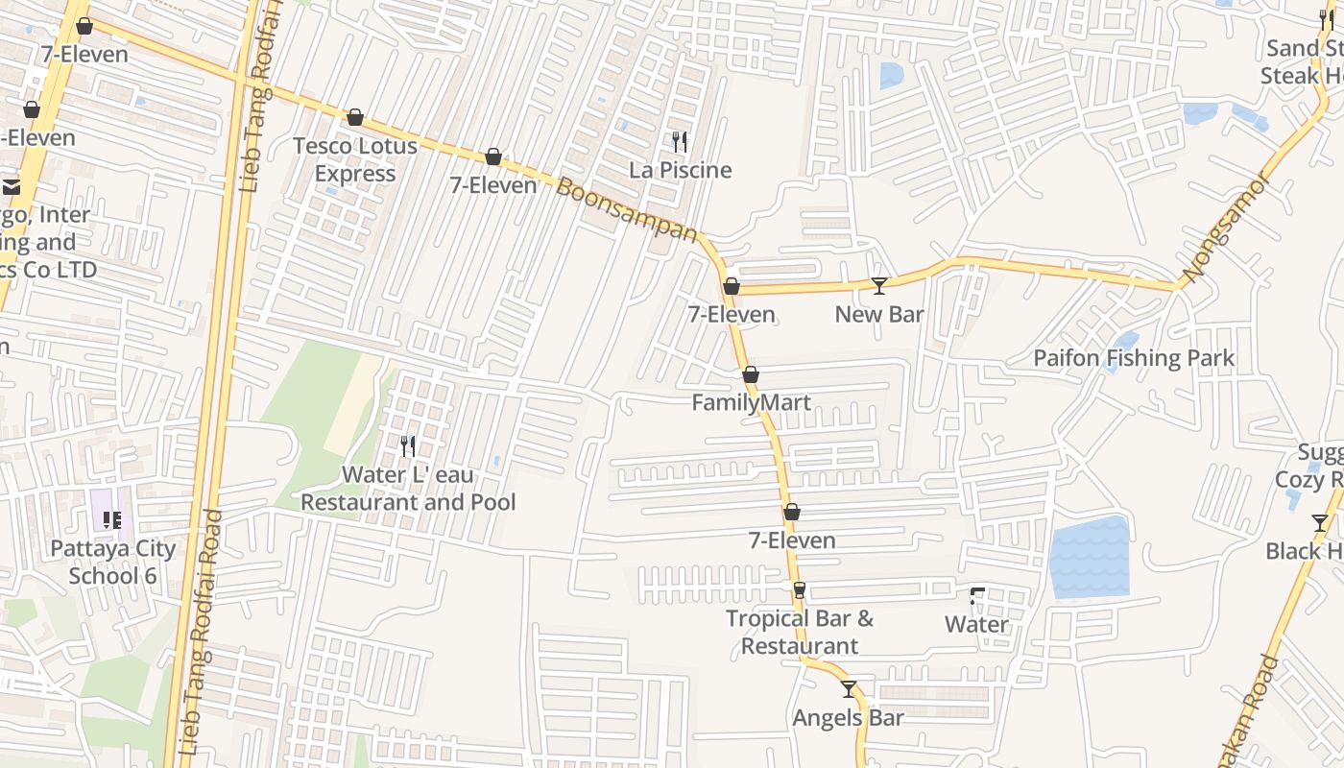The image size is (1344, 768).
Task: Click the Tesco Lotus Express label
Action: tap(354, 159)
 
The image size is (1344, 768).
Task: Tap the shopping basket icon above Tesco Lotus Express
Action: tap(355, 117)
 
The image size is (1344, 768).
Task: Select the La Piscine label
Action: tap(681, 170)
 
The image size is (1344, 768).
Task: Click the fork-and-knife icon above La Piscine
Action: tap(680, 142)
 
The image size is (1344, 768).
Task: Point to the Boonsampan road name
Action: tap(626, 209)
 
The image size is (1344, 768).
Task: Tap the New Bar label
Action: tap(878, 314)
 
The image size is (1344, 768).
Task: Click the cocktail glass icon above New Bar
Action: tap(878, 285)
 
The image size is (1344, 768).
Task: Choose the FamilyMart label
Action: tap(752, 402)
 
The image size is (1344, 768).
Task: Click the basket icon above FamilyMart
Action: tap(751, 374)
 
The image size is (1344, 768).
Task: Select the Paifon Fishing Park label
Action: tap(1134, 358)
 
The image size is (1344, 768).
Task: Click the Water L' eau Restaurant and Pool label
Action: tap(408, 489)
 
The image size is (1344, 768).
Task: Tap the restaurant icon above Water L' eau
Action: tap(408, 445)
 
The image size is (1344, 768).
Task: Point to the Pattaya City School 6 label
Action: tap(113, 562)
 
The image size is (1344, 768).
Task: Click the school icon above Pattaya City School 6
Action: tap(112, 520)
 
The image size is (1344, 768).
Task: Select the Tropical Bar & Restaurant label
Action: tap(800, 632)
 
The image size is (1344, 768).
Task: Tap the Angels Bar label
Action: tap(848, 717)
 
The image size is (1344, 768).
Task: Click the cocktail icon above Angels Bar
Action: tap(849, 689)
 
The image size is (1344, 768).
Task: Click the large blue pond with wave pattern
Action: tap(1089, 557)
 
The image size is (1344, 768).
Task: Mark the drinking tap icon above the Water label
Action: tap(977, 596)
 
